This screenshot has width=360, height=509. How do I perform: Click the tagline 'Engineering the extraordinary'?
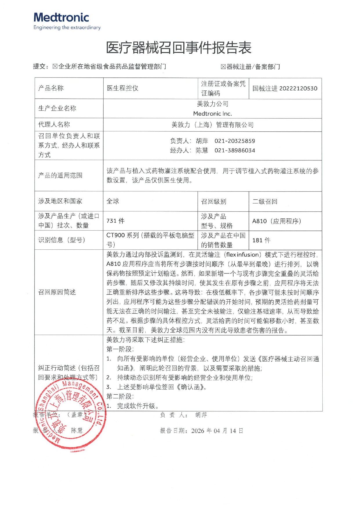coord(67,28)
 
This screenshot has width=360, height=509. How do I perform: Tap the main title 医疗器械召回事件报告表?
coord(179,48)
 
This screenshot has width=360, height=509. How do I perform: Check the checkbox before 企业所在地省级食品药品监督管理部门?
coord(55,66)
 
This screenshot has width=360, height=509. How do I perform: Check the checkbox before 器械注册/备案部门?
coord(223,67)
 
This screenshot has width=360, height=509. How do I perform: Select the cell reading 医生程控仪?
coord(122,88)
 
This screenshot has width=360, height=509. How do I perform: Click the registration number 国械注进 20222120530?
coord(285,88)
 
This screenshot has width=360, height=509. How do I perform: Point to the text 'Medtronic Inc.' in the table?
coord(212,113)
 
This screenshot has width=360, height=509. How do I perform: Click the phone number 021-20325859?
coord(235,141)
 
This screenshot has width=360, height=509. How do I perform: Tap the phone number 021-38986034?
coord(235,151)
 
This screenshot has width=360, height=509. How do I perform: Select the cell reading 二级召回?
coord(265,201)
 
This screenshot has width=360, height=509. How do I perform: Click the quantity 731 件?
coord(115,221)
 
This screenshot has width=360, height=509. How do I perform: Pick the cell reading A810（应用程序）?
coord(277,221)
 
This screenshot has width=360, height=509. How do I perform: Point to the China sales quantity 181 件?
coord(261,240)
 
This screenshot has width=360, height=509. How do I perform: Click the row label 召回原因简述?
coord(57,292)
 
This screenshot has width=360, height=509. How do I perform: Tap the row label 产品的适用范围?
coord(60,175)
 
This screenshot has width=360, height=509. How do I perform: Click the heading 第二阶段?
coord(120,396)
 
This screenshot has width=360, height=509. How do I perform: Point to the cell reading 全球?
coord(113,201)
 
